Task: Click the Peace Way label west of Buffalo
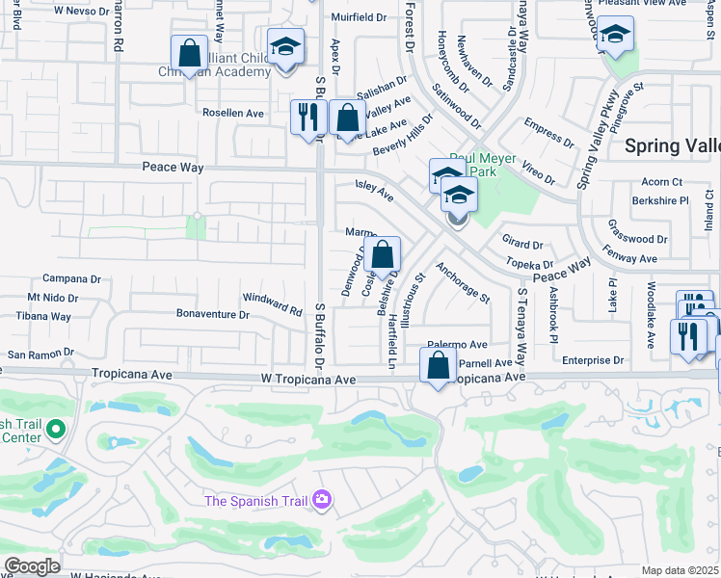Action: coord(173,168)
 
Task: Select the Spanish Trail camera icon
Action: coord(321,499)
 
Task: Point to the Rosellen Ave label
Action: coord(232,113)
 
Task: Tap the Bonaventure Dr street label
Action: coord(212,314)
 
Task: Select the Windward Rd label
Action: coord(273,304)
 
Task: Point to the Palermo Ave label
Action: coord(458,345)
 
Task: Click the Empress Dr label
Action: coord(548,133)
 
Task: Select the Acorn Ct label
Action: coord(661,182)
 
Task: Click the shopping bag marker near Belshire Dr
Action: coord(383,256)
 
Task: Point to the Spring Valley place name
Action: coord(672,145)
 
